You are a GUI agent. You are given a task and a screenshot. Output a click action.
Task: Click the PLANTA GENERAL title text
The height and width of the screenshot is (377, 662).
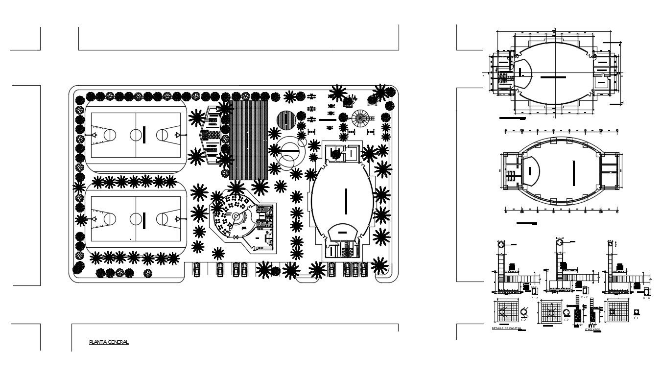pyautogui.click(x=109, y=342)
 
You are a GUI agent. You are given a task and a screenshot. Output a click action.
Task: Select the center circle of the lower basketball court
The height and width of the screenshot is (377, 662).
pyautogui.click(x=135, y=218)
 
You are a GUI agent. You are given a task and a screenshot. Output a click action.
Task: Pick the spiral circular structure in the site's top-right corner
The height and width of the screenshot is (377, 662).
pyautogui.click(x=361, y=118)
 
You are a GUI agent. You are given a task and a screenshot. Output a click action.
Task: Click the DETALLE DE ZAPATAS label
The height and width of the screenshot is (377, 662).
pyautogui.click(x=506, y=328)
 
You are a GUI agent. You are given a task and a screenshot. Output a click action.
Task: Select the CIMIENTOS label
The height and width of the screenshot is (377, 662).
pyautogui.click(x=592, y=330)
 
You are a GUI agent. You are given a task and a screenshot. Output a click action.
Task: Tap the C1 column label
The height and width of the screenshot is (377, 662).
pyautogui.click(x=636, y=318)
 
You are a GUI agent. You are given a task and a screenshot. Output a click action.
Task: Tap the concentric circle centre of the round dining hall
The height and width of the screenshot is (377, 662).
pyautogui.click(x=236, y=216)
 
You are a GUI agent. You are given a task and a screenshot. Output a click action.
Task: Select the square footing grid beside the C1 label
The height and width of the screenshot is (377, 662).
pyautogui.click(x=618, y=311)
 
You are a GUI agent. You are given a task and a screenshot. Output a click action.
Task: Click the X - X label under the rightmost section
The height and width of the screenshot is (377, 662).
pyautogui.click(x=646, y=298)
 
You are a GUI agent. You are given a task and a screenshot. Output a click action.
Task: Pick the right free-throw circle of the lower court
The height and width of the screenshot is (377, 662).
pyautogui.click(x=163, y=218)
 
